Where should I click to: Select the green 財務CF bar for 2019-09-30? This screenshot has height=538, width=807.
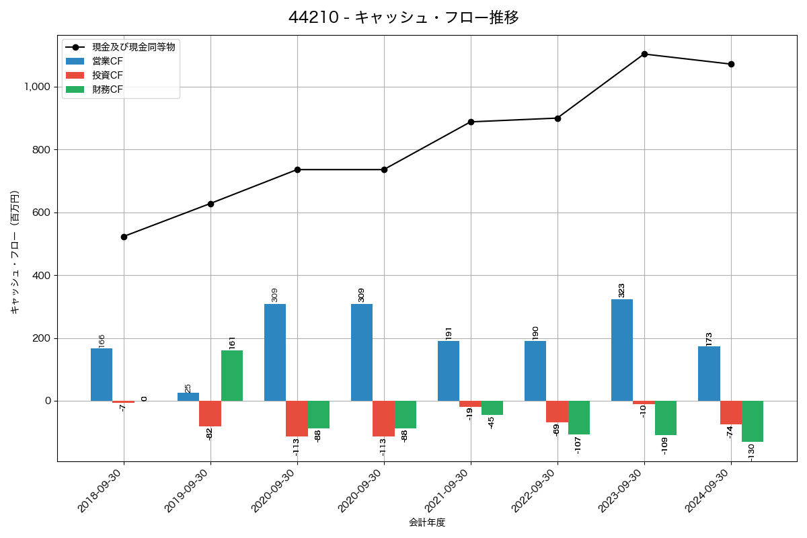pyautogui.click(x=232, y=375)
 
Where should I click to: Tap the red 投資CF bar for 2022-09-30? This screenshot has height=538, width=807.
pyautogui.click(x=557, y=412)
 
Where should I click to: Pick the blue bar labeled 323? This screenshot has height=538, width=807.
pyautogui.click(x=622, y=350)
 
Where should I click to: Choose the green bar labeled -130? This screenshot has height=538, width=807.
pyautogui.click(x=753, y=421)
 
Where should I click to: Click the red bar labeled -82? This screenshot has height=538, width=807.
pyautogui.click(x=210, y=414)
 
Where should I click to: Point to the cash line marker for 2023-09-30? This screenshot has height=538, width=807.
pyautogui.click(x=644, y=54)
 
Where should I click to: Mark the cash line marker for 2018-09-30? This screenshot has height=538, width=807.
pyautogui.click(x=124, y=237)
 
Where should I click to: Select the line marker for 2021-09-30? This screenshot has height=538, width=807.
pyautogui.click(x=471, y=122)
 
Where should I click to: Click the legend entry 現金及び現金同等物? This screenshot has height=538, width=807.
pyautogui.click(x=134, y=47)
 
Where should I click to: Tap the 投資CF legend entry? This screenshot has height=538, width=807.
pyautogui.click(x=108, y=75)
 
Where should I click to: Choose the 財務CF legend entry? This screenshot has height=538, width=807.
pyautogui.click(x=108, y=89)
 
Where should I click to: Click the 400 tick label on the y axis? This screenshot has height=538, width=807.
pyautogui.click(x=42, y=276)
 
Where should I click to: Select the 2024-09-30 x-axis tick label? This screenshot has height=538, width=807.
pyautogui.click(x=709, y=492)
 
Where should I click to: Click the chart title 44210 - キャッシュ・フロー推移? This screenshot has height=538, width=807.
pyautogui.click(x=403, y=17)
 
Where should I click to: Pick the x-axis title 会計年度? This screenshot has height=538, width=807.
pyautogui.click(x=427, y=523)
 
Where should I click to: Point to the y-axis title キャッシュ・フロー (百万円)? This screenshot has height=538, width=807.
pyautogui.click(x=15, y=252)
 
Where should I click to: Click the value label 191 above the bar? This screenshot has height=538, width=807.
pyautogui.click(x=449, y=333)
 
